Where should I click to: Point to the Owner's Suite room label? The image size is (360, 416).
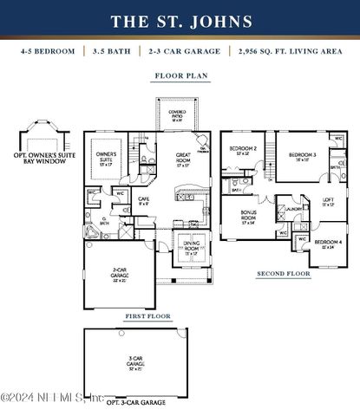[107, 159]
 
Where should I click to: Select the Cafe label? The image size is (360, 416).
[144, 202]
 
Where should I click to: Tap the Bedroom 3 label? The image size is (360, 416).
[303, 157]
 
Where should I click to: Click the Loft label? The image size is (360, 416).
[329, 204]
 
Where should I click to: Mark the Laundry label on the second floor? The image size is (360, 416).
[293, 209]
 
